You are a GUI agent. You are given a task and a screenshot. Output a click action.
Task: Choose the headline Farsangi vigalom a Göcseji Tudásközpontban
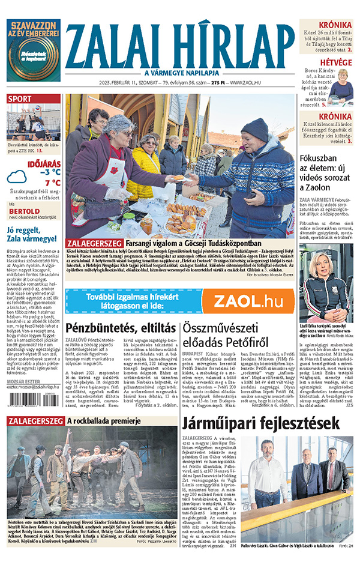(174, 242)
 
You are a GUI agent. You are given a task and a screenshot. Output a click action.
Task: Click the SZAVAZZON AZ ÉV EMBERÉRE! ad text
(33, 30)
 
